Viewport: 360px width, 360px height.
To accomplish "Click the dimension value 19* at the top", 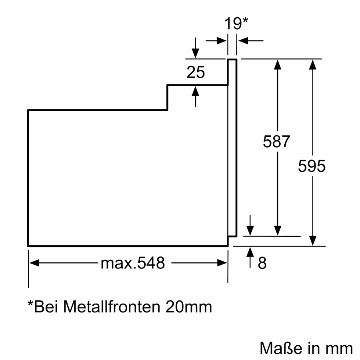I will (x=236, y=23).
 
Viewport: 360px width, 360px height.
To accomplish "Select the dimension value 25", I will (x=196, y=72).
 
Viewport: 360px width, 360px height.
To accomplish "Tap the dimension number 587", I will (x=276, y=142).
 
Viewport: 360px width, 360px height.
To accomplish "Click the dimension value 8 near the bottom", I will (x=262, y=264).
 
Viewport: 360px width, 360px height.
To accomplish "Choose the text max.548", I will (x=132, y=263).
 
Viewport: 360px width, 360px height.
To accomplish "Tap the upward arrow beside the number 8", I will (x=250, y=252).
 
